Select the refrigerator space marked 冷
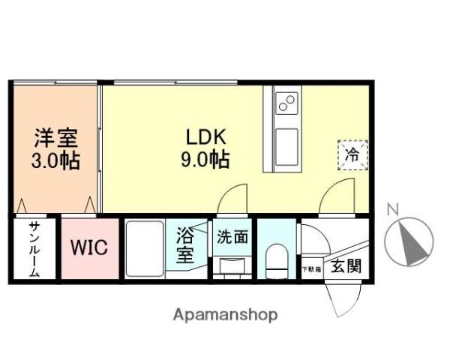pos(351,156)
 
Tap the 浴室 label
pos(185,245)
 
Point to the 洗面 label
pos(232,238)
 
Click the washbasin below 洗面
pos(232,265)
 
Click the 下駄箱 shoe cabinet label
pos(311,268)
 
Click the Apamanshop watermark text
pos(225,314)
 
